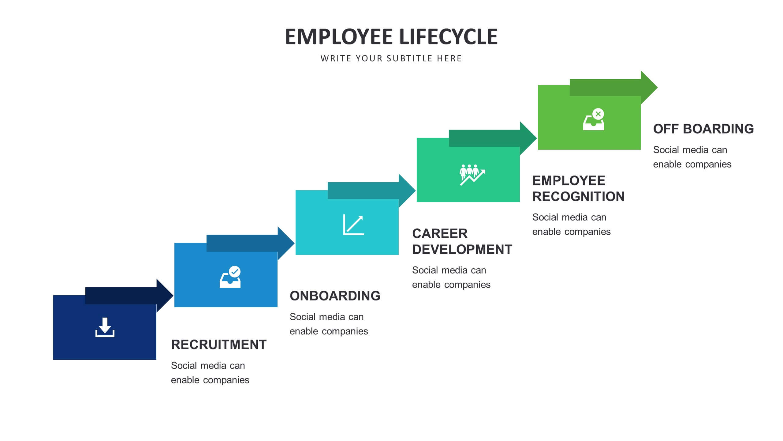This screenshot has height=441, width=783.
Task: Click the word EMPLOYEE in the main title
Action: click(x=339, y=37)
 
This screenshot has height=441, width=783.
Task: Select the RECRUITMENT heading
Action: click(x=218, y=345)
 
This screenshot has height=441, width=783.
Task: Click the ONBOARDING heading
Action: click(x=335, y=296)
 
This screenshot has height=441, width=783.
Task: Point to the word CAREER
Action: click(x=440, y=234)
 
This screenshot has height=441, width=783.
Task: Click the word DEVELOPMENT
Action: click(x=462, y=250)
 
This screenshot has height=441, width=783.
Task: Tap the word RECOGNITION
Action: click(x=578, y=197)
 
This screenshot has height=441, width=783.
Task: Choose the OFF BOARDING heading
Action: click(x=703, y=129)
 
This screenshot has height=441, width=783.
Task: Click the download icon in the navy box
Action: click(x=105, y=327)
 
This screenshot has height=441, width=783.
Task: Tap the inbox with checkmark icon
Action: click(x=230, y=277)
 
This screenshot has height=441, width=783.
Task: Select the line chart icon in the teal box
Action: click(x=354, y=225)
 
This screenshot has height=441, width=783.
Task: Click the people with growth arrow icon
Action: click(x=472, y=175)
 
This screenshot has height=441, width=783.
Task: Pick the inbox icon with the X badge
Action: click(x=594, y=119)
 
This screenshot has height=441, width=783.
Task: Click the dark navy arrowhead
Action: click(x=165, y=296)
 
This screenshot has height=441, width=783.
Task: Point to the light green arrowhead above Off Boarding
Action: click(x=649, y=87)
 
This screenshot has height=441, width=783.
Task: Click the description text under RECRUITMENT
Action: click(x=210, y=373)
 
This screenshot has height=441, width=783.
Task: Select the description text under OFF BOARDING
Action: click(x=692, y=157)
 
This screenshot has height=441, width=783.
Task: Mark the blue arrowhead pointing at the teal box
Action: click(x=286, y=243)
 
